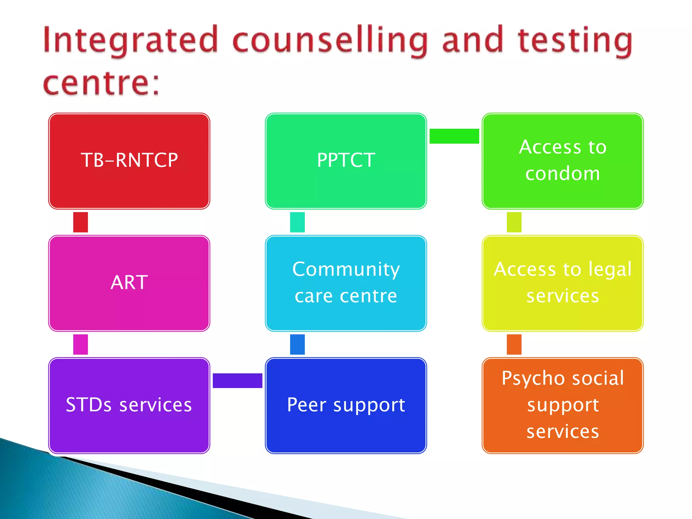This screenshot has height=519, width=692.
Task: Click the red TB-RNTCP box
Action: coord(129,161)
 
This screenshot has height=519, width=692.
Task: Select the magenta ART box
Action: coord(129,283)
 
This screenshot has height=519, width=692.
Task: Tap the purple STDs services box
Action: coord(129,405)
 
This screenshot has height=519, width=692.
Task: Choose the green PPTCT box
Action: coord(346,161)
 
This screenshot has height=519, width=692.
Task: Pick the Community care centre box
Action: coord(346,283)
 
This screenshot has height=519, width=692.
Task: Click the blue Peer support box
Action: coord(346,405)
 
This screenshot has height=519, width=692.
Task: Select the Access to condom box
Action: coord(563,161)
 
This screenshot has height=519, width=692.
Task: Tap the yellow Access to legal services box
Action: coord(563,283)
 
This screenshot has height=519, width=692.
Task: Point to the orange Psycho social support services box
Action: coord(563,405)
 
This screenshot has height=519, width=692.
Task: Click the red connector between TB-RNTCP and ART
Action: coord(80,222)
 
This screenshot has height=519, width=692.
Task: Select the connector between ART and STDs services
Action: coord(80,344)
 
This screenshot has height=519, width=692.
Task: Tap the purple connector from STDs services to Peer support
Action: coord(238,380)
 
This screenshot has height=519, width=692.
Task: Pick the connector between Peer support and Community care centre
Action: coord(297,344)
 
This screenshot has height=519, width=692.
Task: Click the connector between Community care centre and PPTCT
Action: coord(297,222)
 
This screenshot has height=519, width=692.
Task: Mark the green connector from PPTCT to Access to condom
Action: coord(454,136)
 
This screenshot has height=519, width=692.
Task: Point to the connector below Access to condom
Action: coord(514,222)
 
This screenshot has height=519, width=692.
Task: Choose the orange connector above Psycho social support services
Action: coord(514,344)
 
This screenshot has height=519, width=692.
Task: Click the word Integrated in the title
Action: coord(130,41)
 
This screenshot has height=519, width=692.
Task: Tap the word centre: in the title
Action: coord(101,83)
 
